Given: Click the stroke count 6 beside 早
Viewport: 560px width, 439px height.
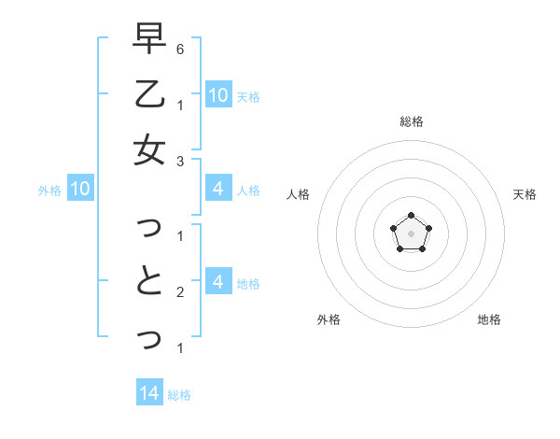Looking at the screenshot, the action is (x=179, y=49).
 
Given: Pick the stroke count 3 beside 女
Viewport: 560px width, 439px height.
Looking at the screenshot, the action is (x=179, y=161).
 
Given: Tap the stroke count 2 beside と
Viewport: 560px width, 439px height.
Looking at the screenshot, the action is (x=179, y=292).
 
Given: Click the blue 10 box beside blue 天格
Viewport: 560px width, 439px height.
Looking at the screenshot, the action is (x=217, y=94).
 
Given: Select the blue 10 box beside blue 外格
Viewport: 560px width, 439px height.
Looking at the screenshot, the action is (x=80, y=190).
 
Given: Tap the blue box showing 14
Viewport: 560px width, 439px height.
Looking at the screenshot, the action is (x=149, y=393).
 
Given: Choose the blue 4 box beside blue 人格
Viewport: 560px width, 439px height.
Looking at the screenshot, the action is (x=217, y=190).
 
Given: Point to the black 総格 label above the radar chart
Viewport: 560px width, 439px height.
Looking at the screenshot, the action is (x=411, y=121).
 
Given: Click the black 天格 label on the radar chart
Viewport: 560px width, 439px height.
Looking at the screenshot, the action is (x=525, y=194).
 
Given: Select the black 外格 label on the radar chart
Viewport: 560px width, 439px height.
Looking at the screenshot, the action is (x=329, y=319).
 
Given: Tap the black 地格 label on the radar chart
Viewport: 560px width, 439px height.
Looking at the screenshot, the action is (x=489, y=319).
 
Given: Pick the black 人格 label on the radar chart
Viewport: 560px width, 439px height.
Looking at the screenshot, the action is (x=298, y=194).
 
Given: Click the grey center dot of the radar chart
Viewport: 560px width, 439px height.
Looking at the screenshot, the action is (x=411, y=233).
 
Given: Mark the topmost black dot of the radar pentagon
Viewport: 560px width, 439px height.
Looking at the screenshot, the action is (x=411, y=216).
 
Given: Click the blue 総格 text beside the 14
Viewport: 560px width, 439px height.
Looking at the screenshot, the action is (x=179, y=394).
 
